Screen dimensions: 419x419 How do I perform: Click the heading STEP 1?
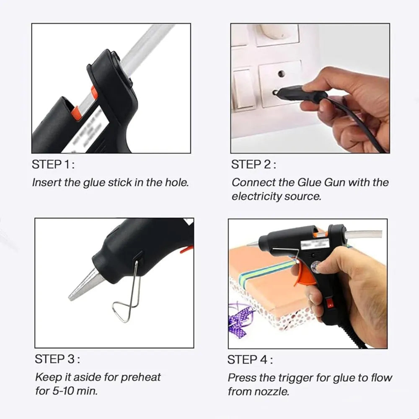pyautogui.click(x=53, y=165)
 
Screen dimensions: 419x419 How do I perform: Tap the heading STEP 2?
pyautogui.click(x=253, y=165)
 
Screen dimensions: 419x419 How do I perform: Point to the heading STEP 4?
pyautogui.click(x=250, y=360)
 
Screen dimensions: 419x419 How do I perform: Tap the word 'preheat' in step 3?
pyautogui.click(x=141, y=377)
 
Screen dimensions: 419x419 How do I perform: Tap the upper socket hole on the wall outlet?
pyautogui.click(x=281, y=74)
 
